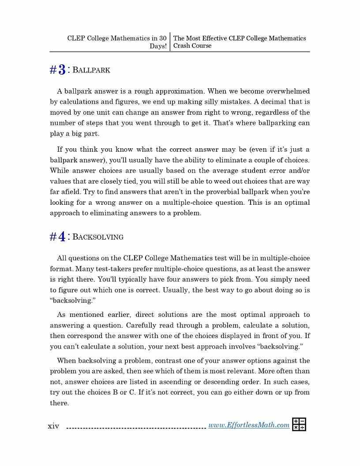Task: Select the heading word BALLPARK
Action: pos(91,70)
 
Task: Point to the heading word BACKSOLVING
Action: pos(97,237)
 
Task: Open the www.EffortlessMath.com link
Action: pos(249,425)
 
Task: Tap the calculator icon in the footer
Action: pos(299,425)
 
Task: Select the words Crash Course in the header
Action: pos(192,45)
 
